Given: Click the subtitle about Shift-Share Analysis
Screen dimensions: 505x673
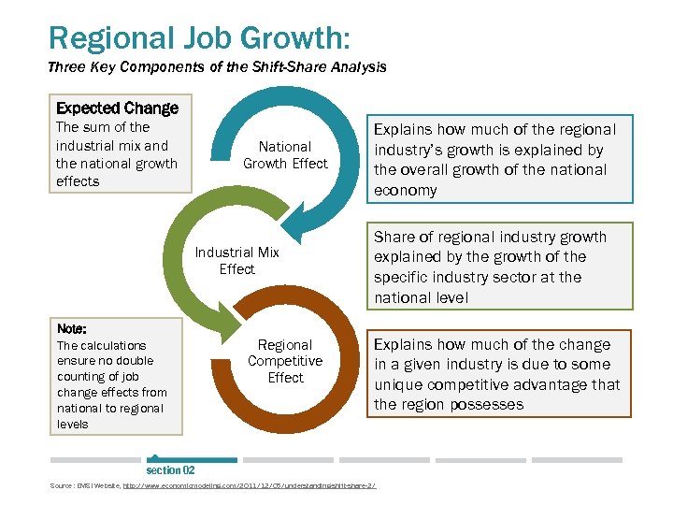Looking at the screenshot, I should point(216,67).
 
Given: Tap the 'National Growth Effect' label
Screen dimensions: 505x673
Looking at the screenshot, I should point(285,154).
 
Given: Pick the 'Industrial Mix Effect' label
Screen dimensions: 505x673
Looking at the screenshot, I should point(236,260).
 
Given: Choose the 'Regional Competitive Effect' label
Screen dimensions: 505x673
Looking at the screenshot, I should point(285,361).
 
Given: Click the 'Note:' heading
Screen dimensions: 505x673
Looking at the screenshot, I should point(72,329).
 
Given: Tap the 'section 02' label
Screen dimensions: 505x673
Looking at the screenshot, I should point(170,470).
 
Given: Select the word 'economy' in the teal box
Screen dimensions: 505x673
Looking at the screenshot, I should point(405,190).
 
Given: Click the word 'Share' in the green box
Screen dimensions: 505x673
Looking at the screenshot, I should point(394,237).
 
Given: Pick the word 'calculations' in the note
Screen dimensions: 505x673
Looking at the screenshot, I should point(115,345).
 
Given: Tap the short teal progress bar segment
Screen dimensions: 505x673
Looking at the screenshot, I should point(192,460).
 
